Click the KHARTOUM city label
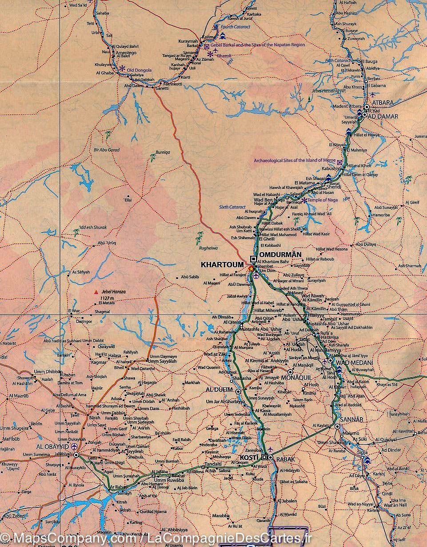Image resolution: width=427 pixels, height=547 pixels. pos(222,265)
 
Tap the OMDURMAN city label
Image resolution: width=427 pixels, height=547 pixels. pos(279,255)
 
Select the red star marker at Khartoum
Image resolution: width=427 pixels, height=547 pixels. pos(251,269)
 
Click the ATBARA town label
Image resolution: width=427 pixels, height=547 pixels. pos(383,103)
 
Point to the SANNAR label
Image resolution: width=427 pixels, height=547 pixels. pos(351,420)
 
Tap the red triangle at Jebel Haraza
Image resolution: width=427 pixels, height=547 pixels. pos(95,292)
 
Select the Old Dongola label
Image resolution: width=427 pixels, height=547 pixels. pos(140,70)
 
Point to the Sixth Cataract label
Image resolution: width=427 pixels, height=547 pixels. pos(232,207)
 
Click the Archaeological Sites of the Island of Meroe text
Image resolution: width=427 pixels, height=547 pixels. pos(295,161)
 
